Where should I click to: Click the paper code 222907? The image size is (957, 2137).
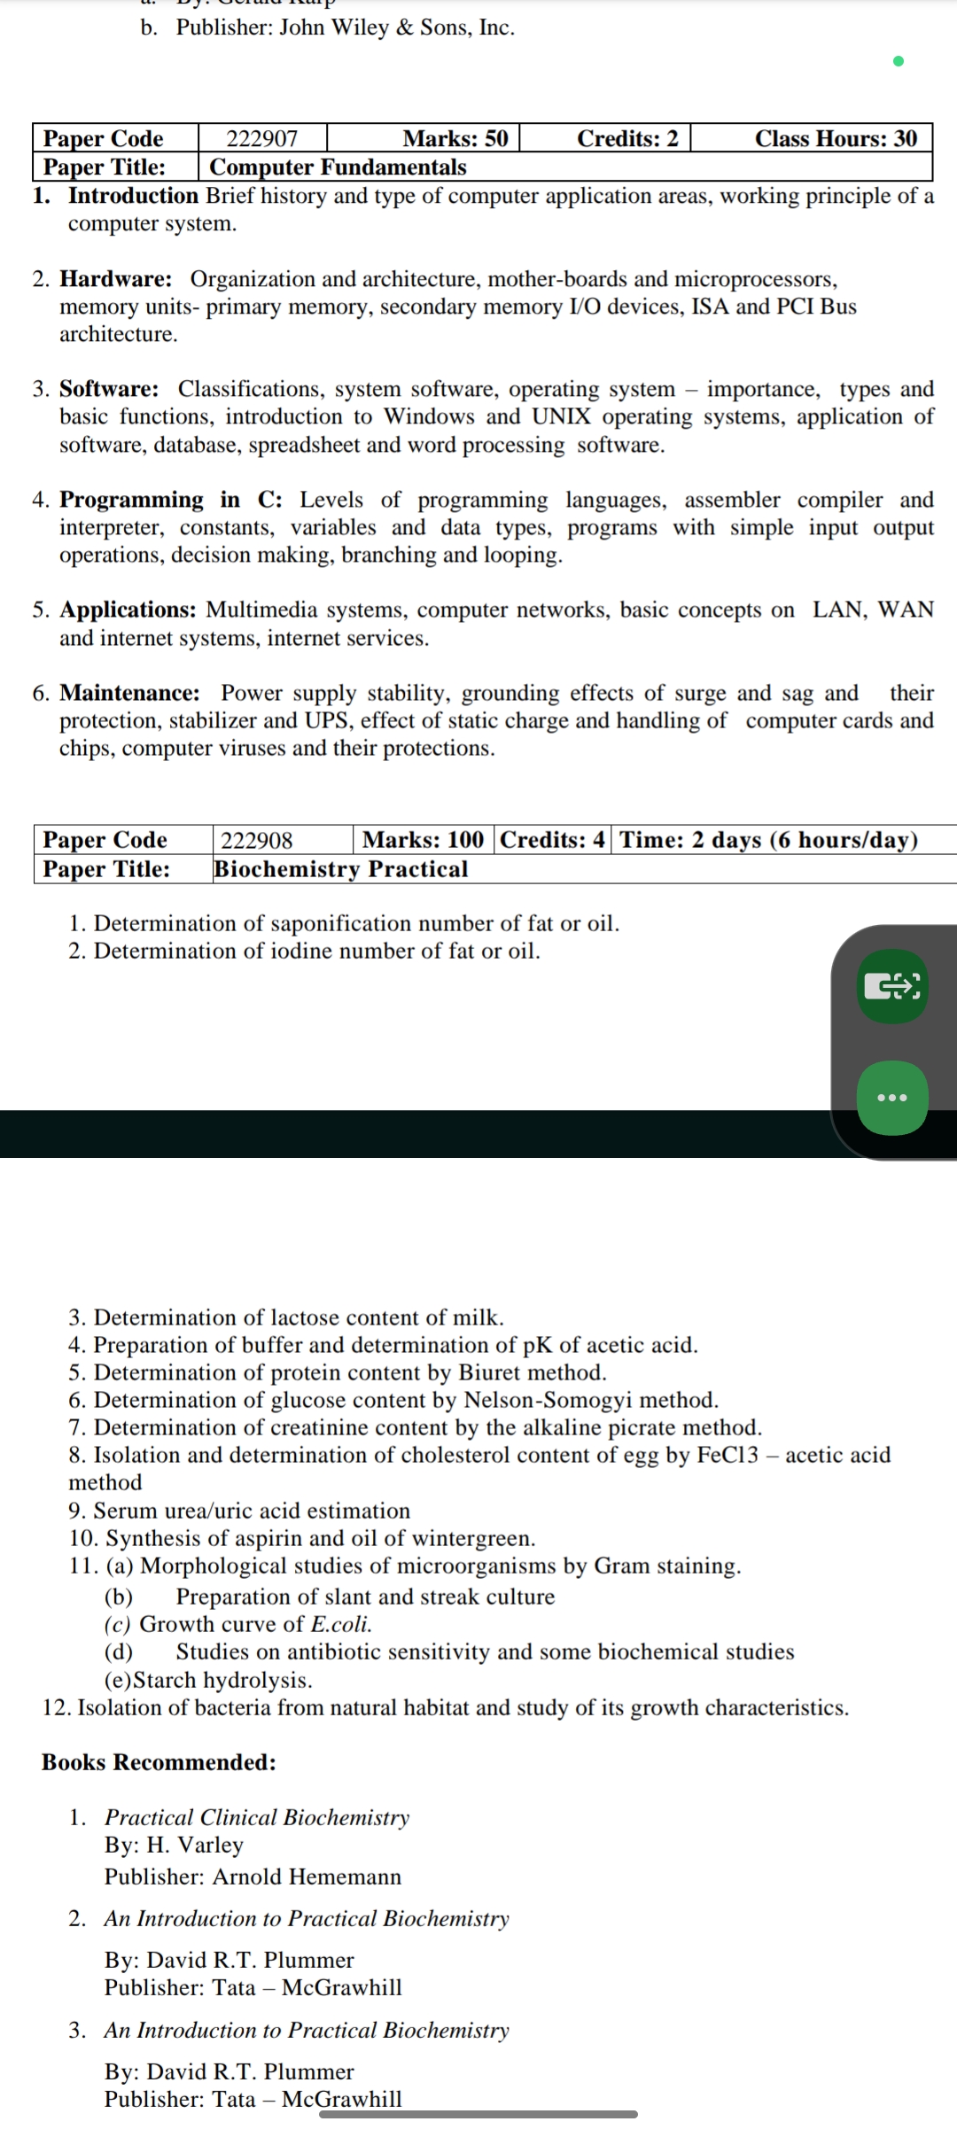(262, 138)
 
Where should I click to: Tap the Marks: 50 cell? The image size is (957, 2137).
(455, 138)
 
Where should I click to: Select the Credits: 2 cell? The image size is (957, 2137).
(627, 138)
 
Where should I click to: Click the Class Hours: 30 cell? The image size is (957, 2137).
(836, 138)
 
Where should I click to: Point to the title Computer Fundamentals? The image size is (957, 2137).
(338, 167)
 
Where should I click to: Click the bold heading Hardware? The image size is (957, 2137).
(116, 279)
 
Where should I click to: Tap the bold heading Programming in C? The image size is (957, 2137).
(171, 500)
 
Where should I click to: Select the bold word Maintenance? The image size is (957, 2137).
(129, 693)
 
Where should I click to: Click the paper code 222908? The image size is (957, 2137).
(256, 840)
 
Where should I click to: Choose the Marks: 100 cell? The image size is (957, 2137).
(423, 839)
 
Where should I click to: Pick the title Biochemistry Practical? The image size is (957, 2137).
(340, 868)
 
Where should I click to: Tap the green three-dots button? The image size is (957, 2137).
(892, 1098)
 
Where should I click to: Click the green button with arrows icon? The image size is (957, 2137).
(892, 985)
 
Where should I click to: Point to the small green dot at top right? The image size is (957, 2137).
(899, 61)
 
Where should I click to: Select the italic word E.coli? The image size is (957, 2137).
(341, 1624)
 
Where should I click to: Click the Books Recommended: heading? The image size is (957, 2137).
(159, 1762)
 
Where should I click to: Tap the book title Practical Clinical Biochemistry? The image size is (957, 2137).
(257, 1817)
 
